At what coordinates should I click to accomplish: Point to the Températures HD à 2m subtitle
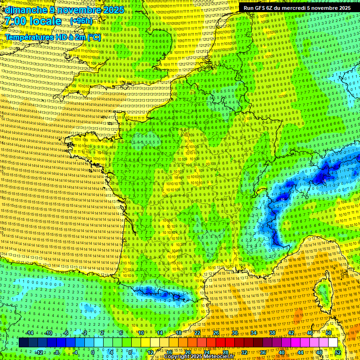click(53, 37)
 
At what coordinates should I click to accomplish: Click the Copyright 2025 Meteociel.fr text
click(199, 357)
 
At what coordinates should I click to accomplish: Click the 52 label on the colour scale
click(338, 352)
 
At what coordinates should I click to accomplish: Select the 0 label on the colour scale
click(92, 352)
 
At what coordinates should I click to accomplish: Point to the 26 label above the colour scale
click(216, 333)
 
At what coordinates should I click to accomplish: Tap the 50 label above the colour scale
click(329, 333)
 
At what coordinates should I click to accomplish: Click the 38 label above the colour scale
click(272, 333)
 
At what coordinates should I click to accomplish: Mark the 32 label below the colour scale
click(244, 352)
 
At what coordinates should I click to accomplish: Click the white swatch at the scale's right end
click(333, 343)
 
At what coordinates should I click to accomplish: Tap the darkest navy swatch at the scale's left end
click(23, 343)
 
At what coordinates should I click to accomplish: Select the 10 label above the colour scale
click(141, 333)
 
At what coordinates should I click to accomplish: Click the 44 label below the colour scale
click(300, 352)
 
